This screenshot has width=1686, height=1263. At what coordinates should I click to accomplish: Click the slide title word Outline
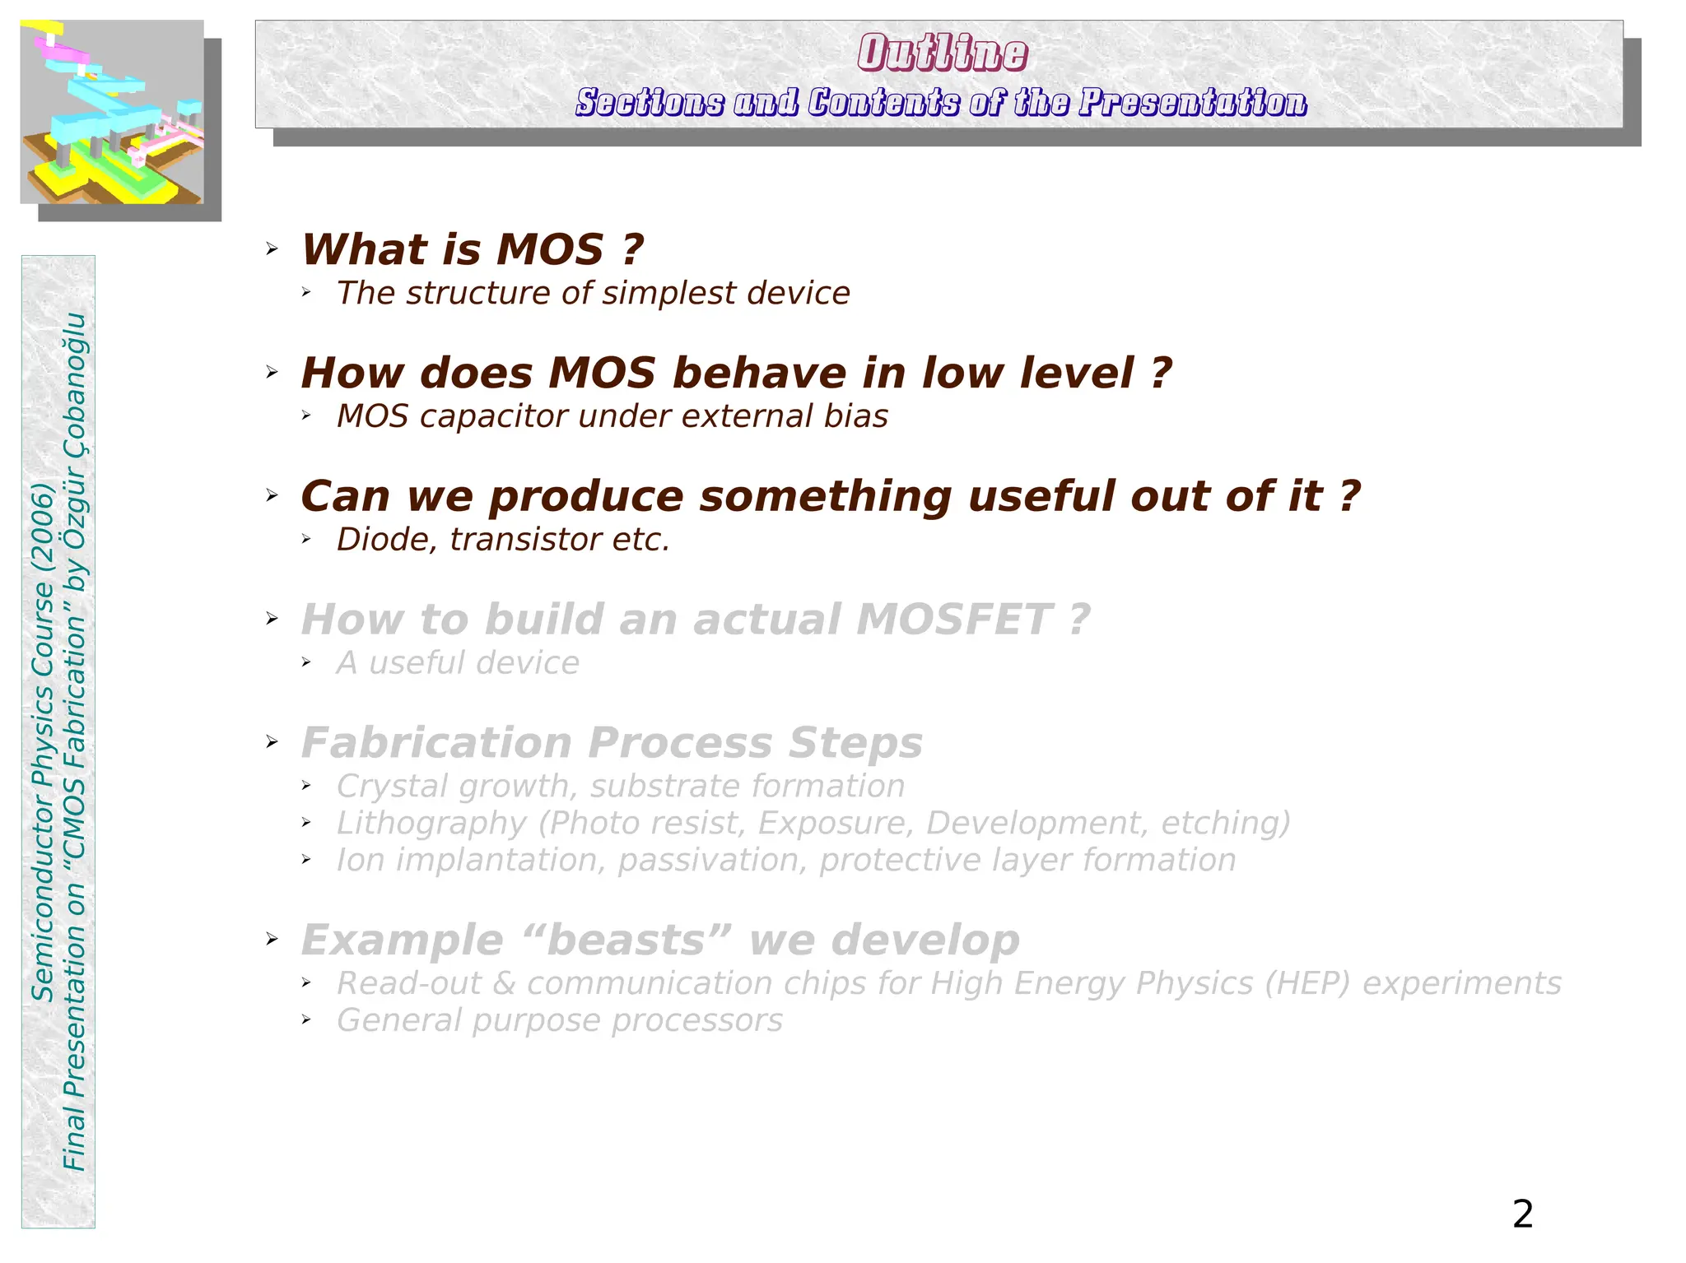tap(942, 53)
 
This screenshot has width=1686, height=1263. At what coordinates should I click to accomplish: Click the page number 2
tap(1522, 1214)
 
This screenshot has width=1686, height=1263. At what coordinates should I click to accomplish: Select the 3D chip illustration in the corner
tap(112, 112)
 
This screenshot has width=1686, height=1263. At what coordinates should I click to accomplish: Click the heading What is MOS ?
tap(472, 249)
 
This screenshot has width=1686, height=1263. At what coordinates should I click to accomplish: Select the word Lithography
tap(431, 823)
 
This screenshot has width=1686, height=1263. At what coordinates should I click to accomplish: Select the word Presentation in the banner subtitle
tap(1193, 103)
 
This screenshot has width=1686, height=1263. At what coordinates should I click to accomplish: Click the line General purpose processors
tap(559, 1020)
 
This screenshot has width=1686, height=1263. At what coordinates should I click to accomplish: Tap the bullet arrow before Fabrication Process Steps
tap(272, 742)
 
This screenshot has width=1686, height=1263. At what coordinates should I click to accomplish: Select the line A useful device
tap(458, 663)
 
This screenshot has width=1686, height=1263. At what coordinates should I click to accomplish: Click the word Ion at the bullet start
tap(360, 860)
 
